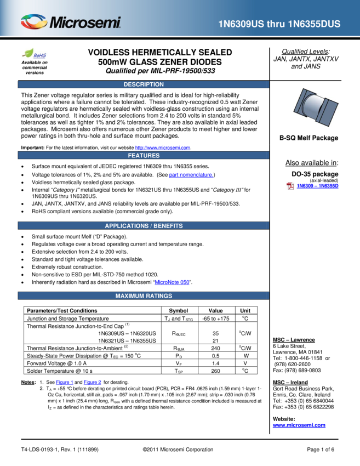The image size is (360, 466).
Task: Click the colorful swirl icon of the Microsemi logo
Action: point(34,22)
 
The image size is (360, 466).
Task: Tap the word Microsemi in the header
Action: point(85,23)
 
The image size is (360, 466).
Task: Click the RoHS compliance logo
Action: point(34,54)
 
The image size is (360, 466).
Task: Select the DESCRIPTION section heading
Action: point(144,84)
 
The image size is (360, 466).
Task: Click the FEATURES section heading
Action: point(144,156)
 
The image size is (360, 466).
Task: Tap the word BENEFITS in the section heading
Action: point(168,226)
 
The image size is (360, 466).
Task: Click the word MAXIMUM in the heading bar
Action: point(129,296)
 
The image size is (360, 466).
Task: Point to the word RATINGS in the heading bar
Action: point(158,296)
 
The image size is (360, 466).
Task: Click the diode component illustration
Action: point(316,107)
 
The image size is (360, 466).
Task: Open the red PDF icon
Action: point(290,186)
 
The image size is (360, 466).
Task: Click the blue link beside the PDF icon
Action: point(318,186)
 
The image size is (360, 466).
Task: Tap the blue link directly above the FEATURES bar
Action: point(163,148)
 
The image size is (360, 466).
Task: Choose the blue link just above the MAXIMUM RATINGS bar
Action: point(172,283)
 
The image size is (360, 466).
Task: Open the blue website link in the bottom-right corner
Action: point(299,425)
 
